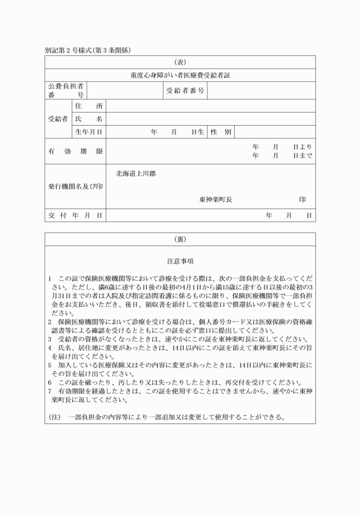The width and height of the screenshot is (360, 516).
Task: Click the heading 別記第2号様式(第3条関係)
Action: pos(88,50)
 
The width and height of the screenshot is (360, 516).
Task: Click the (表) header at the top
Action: pos(180,62)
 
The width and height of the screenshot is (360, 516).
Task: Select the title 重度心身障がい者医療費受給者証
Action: pos(180,75)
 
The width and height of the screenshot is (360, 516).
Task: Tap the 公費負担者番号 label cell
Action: pos(66,90)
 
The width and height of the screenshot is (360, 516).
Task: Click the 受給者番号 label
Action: pos(185,90)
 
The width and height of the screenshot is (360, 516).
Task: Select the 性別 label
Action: pos(221,132)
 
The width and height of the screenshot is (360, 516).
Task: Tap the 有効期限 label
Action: pos(75,151)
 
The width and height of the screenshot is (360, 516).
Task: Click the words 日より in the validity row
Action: pos(302,147)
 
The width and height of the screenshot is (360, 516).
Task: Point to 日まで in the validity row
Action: pos(302,155)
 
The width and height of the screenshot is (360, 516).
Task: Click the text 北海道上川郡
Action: pos(136,173)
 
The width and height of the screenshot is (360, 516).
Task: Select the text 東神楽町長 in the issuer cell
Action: pos(215,199)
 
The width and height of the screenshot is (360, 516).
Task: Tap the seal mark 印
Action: pos(302,199)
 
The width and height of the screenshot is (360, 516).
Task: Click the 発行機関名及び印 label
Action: pos(75,186)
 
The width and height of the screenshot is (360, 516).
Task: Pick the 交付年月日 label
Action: pos(75,215)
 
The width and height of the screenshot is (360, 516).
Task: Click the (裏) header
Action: pos(180,239)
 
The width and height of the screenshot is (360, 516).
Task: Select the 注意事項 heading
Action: pos(180,261)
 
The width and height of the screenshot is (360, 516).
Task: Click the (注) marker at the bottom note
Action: pos(55,417)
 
